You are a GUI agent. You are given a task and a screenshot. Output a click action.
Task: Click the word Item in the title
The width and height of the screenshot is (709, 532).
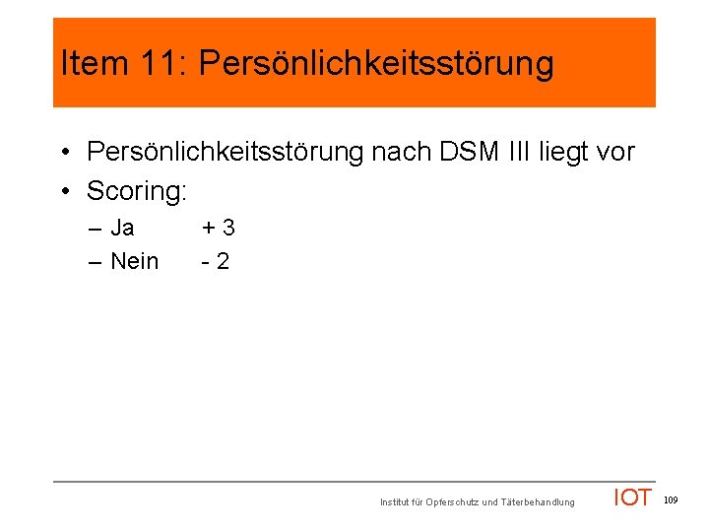coord(94,64)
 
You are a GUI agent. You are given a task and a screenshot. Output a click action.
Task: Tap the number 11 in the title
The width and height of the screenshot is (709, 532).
coord(159,64)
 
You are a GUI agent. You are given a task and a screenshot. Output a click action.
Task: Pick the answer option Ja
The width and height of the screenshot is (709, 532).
coord(122,229)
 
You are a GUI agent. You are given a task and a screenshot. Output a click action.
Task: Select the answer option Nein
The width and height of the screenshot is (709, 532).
coord(135,261)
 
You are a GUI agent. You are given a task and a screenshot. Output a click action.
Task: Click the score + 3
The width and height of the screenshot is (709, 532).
coord(219,229)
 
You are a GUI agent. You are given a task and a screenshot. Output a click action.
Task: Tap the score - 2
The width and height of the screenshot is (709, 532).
coord(216,261)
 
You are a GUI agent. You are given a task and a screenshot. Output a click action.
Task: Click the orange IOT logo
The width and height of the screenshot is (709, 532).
coord(632,498)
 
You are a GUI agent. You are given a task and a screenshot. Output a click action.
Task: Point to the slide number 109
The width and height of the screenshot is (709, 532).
coord(671,500)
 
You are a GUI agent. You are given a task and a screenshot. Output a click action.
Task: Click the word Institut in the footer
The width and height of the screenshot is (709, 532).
coord(396,502)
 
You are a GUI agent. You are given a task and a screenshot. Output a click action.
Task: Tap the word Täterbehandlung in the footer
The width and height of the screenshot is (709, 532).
coord(538,502)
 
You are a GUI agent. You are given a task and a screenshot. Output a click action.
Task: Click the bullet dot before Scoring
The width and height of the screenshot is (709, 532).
coord(62,191)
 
